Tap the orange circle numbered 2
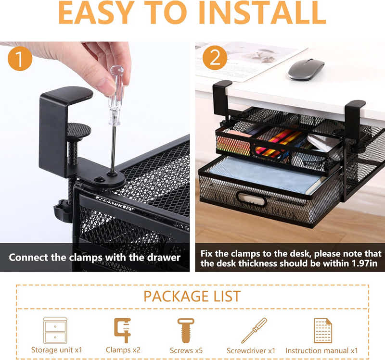coord(215,59)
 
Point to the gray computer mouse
coord(306,69)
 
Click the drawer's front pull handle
coord(251,199)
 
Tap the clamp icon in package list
coord(122,330)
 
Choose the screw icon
coord(185,330)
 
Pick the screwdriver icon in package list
coord(254,330)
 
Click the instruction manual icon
coord(322,330)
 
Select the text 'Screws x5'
coord(186,350)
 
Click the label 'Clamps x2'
coord(123,350)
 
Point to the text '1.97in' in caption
coord(365,263)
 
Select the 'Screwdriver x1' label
coord(251,350)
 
